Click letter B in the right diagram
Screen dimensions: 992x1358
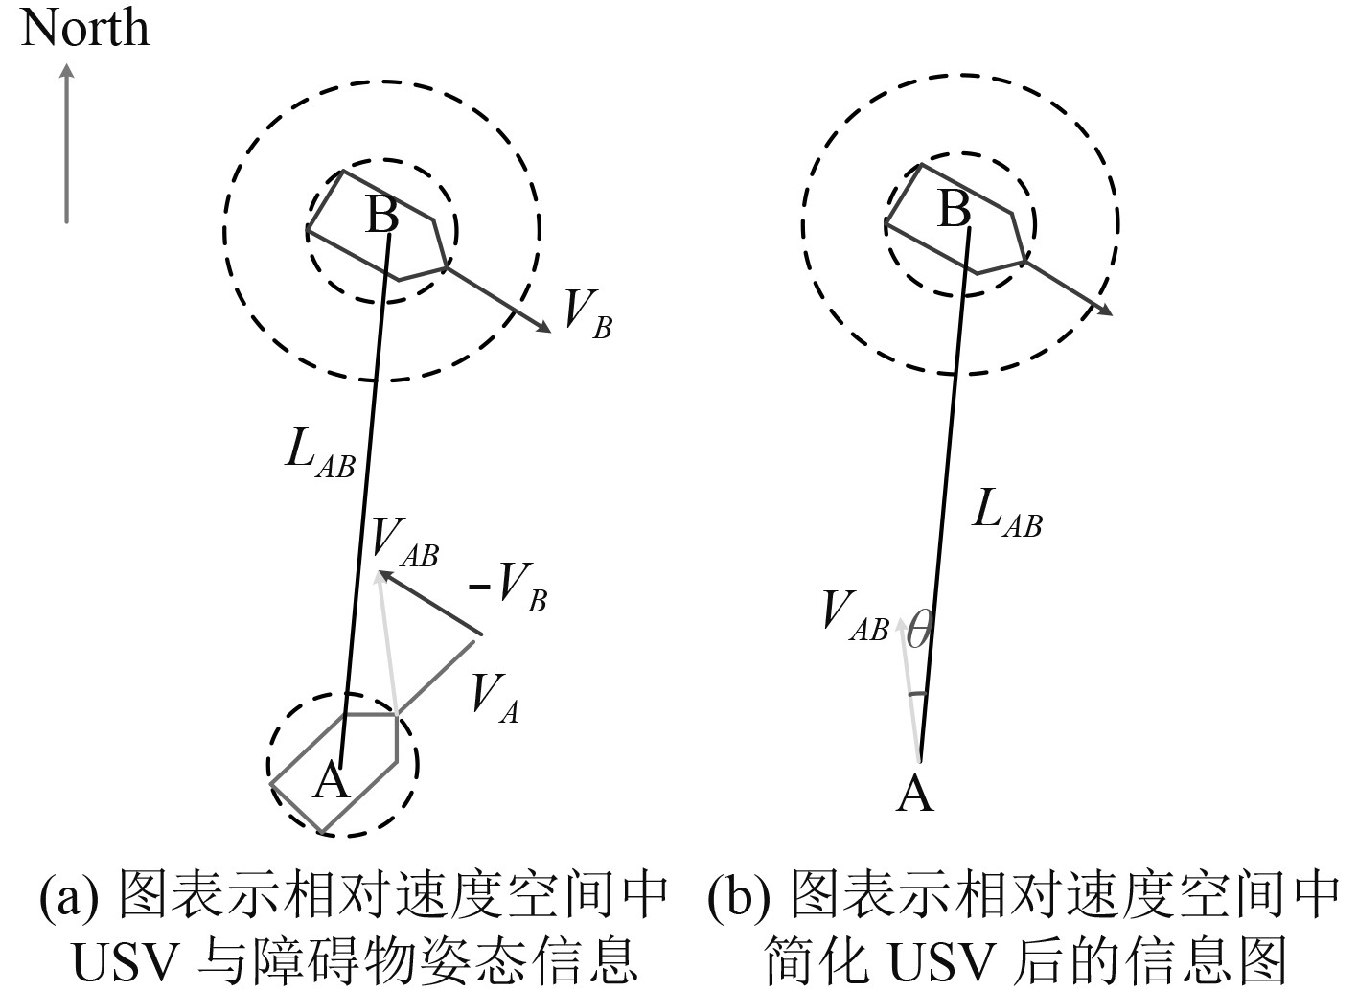click(x=954, y=208)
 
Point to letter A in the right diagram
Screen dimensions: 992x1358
click(x=914, y=795)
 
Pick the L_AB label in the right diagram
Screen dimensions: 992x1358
click(x=1006, y=513)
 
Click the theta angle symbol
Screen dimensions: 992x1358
click(x=917, y=632)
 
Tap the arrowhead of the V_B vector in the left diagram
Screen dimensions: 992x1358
click(x=546, y=329)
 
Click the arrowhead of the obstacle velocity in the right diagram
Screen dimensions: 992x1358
click(x=1107, y=310)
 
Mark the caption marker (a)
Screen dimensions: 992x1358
click(x=68, y=896)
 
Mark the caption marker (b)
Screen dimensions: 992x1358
click(x=738, y=896)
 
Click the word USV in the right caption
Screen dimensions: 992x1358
click(x=916, y=958)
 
